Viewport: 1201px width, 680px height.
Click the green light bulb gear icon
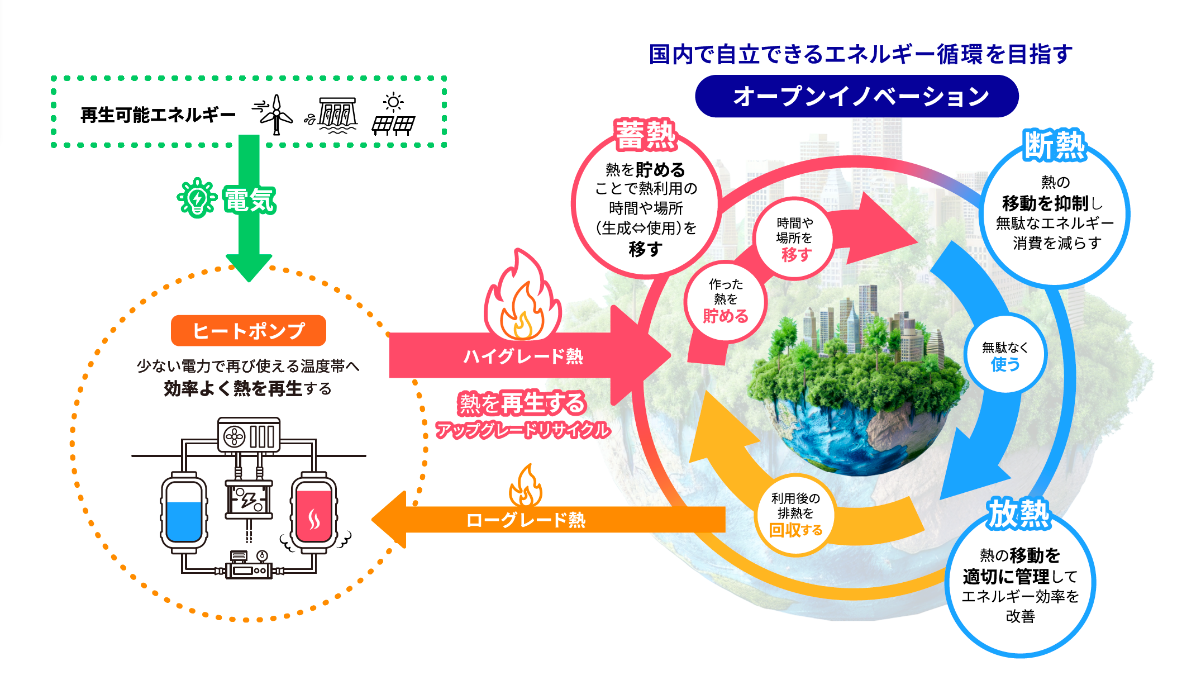pos(197,198)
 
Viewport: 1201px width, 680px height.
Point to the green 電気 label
pos(249,199)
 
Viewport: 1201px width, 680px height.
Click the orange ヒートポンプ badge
pos(248,331)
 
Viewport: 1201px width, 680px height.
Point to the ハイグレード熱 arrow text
pos(523,356)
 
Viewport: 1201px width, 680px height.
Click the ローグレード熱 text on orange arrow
pos(526,520)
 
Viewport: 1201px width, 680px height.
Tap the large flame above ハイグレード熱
pos(522,299)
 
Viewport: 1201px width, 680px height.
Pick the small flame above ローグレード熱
pos(526,486)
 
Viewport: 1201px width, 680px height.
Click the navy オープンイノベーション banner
pos(856,96)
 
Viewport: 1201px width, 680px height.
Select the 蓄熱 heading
pos(645,135)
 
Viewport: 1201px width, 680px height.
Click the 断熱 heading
pos(1054,145)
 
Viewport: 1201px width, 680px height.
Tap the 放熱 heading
pos(1019,513)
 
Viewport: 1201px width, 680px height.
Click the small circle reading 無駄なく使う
pos(1005,355)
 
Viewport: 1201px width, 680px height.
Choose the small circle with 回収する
pos(795,515)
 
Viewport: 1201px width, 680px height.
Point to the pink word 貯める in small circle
pos(725,316)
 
